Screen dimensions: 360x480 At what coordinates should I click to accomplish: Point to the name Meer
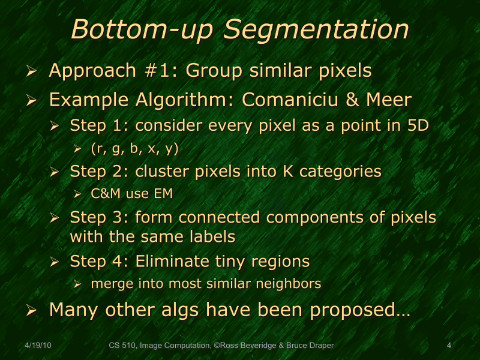coord(387,99)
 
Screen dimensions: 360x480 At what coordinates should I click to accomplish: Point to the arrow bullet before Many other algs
coord(32,311)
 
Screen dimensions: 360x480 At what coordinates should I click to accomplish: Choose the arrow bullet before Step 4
coord(54,263)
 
